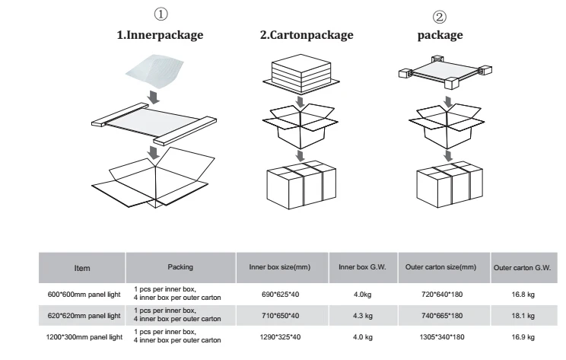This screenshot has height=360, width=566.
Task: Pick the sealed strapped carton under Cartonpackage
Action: pos(302,183)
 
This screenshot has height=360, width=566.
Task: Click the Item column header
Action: pos(81,267)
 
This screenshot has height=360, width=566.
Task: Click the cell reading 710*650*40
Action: pos(281,314)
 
